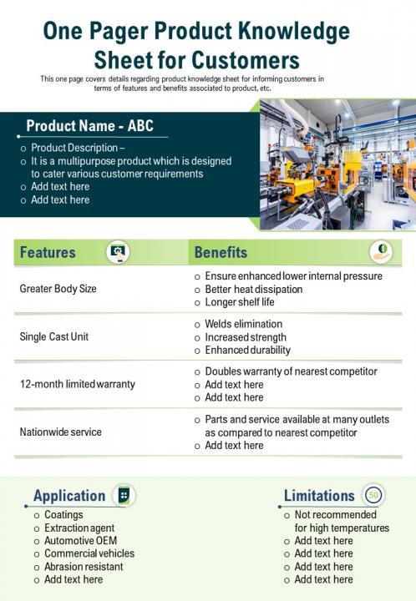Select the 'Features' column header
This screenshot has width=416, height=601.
tap(48, 252)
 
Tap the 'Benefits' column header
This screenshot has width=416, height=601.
tap(221, 252)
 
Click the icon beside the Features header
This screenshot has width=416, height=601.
tap(118, 251)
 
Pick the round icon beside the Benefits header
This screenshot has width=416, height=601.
tap(381, 251)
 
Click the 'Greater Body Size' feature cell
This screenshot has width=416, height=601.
tap(58, 289)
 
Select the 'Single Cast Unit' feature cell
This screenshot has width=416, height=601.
tap(53, 337)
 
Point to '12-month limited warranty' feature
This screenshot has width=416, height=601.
tap(77, 384)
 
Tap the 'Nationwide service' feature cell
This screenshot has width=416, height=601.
tap(60, 432)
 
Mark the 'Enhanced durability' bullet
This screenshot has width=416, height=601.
tap(247, 351)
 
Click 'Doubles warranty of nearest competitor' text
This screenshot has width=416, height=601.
tap(291, 371)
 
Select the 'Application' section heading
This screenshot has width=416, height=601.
tap(69, 496)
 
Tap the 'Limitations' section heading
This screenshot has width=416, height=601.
tap(319, 496)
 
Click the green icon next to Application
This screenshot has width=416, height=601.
tap(124, 495)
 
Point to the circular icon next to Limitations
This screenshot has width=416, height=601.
tap(373, 495)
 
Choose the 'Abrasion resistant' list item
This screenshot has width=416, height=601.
tap(84, 566)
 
